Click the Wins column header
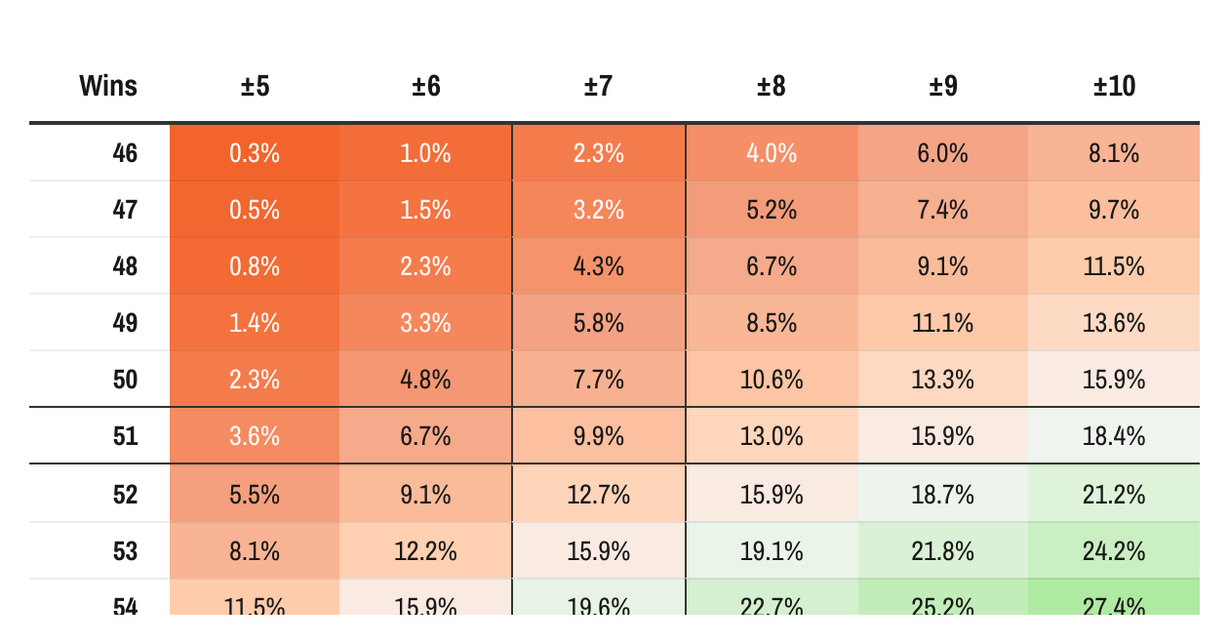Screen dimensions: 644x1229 point(108,87)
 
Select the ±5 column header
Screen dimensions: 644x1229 point(255,87)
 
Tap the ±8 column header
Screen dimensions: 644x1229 point(771,87)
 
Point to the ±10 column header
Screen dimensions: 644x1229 point(1114,87)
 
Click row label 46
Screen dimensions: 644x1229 point(125,153)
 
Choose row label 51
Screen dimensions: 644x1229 point(125,436)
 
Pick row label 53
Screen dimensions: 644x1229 point(125,551)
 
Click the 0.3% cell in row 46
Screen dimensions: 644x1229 point(255,153)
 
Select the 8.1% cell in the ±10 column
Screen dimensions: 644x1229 point(1114,153)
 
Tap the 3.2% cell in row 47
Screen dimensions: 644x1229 point(598,210)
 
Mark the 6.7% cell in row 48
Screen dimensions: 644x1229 point(771,266)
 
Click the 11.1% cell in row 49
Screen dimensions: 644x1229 point(942,323)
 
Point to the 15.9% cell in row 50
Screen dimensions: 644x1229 point(1114,380)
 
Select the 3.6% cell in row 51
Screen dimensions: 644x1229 point(255,436)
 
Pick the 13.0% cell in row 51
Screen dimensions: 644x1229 point(771,436)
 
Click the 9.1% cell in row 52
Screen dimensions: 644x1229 point(425,495)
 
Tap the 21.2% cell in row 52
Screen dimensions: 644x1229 point(1114,495)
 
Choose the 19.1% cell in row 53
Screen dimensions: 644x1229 point(771,551)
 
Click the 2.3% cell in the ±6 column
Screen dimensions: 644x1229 point(425,266)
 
